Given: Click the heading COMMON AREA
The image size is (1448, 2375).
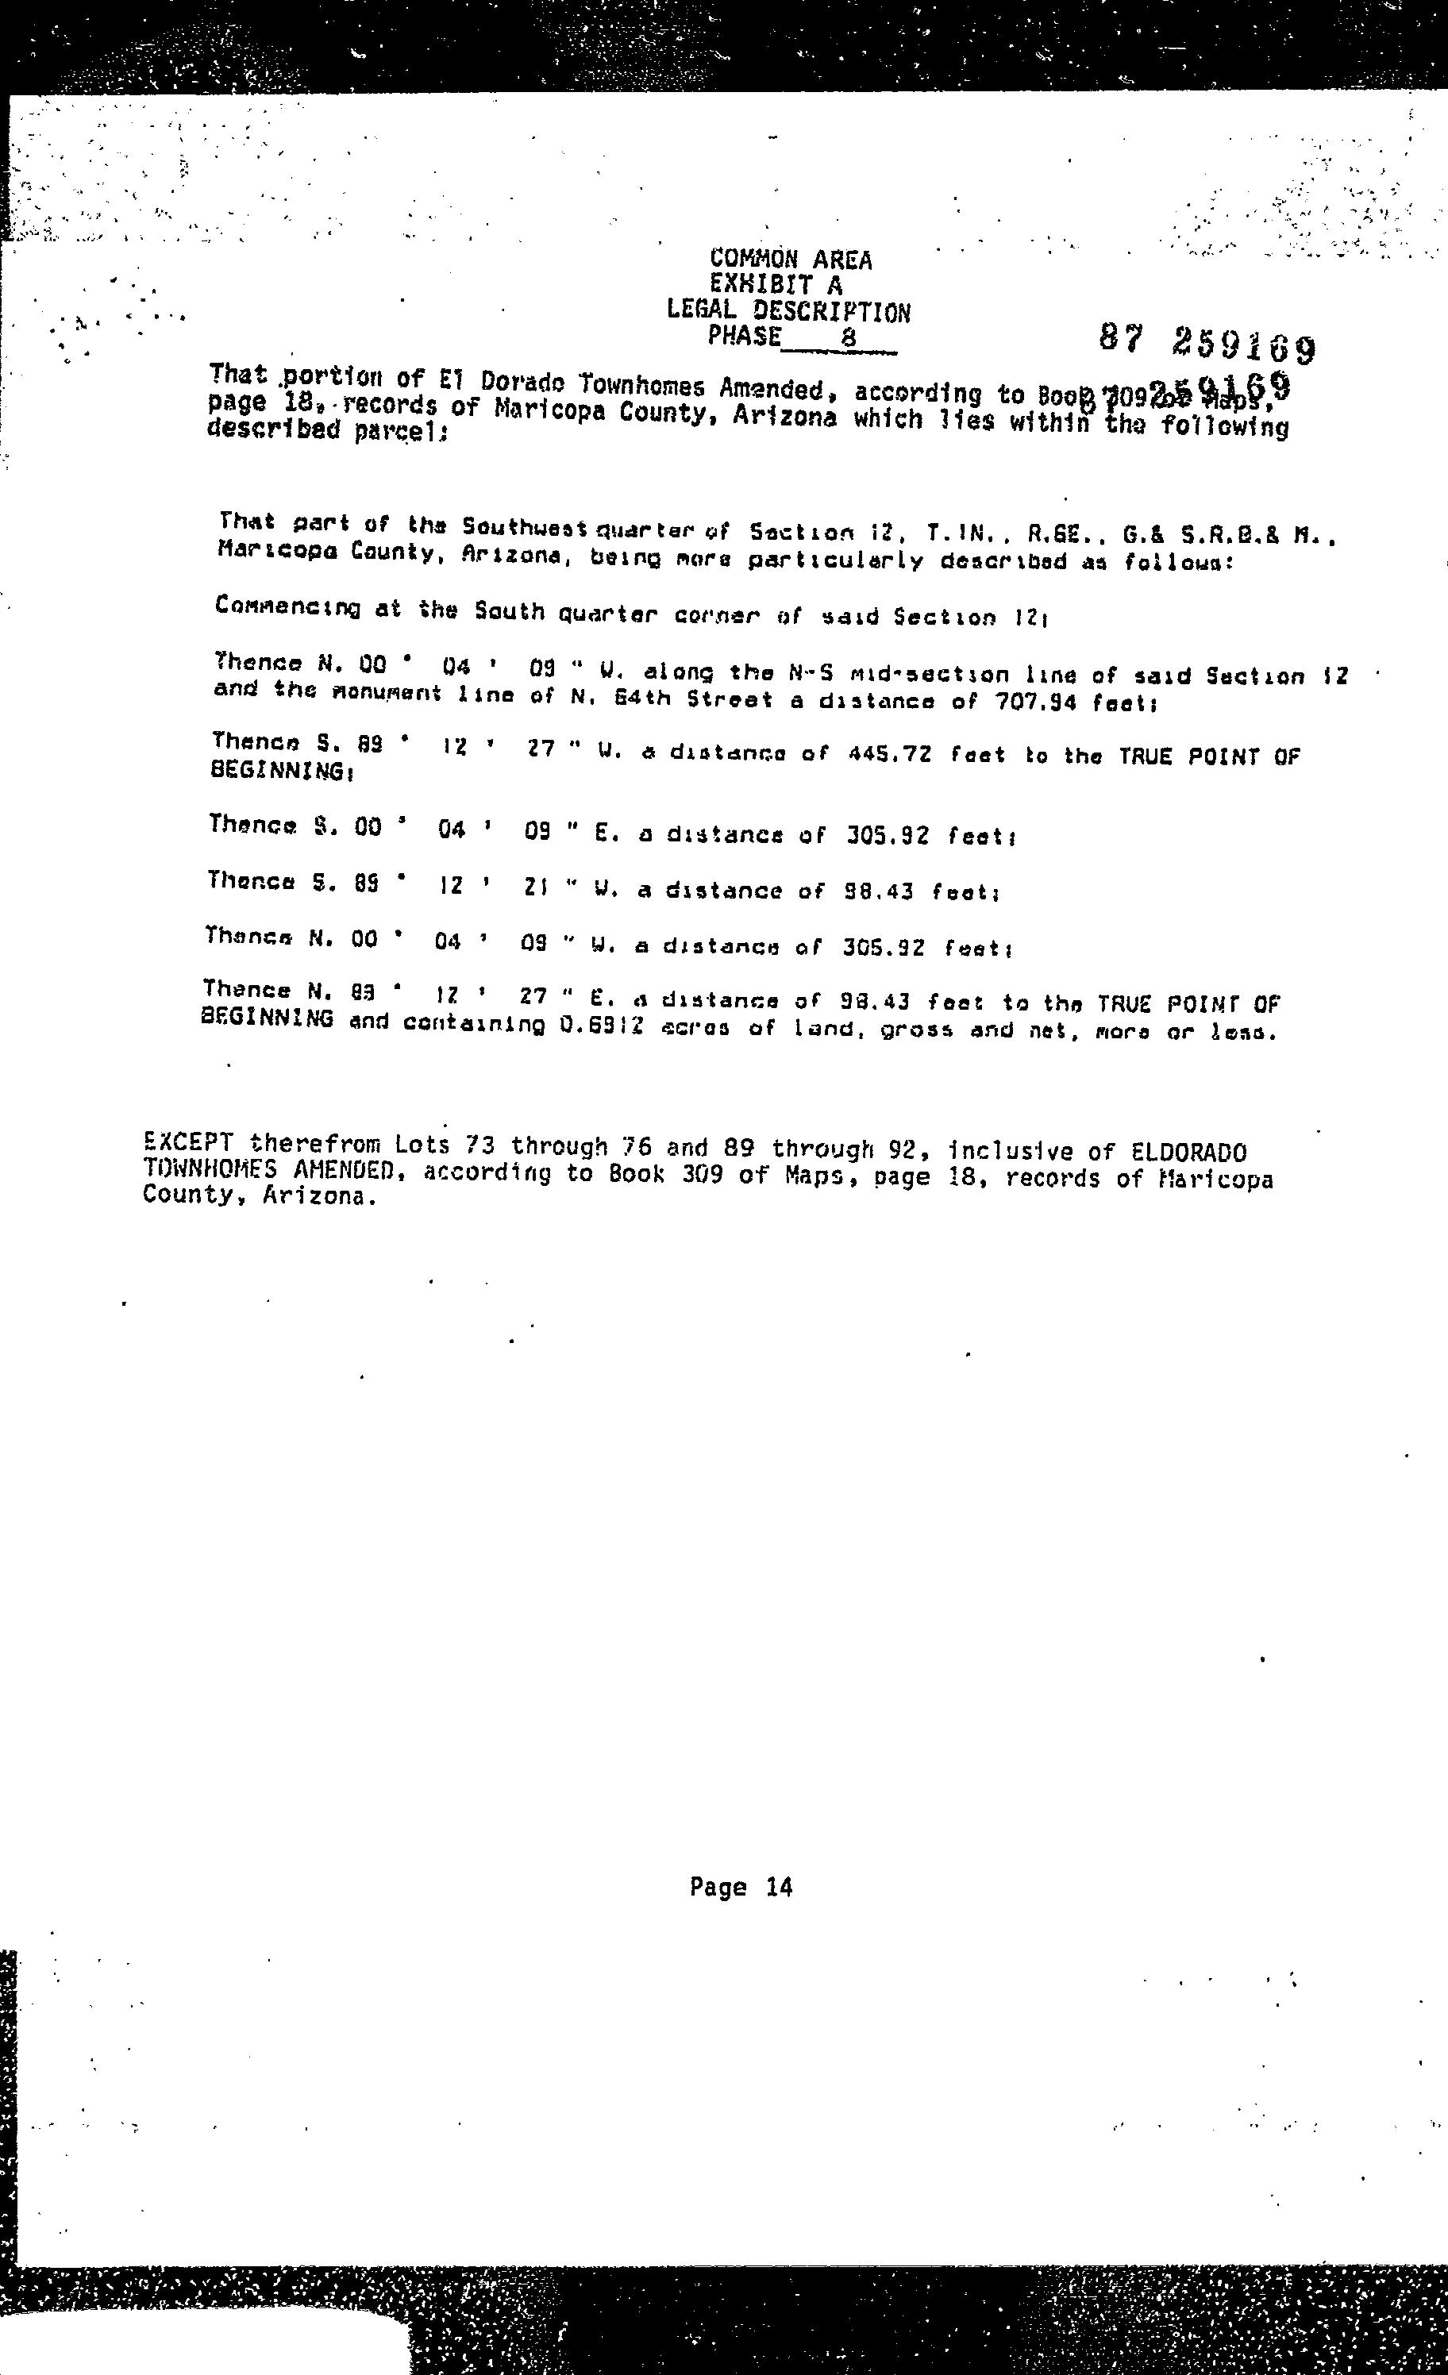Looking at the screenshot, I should point(791,260).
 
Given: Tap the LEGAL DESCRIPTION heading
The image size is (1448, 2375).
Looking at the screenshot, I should point(788,310).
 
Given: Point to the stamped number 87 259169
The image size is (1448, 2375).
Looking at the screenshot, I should point(1206,342).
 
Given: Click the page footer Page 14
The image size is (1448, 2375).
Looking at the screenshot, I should point(741,1888).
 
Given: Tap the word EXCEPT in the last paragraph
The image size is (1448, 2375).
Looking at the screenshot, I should point(187,1143).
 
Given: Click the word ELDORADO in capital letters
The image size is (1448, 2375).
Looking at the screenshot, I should point(1188,1152).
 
